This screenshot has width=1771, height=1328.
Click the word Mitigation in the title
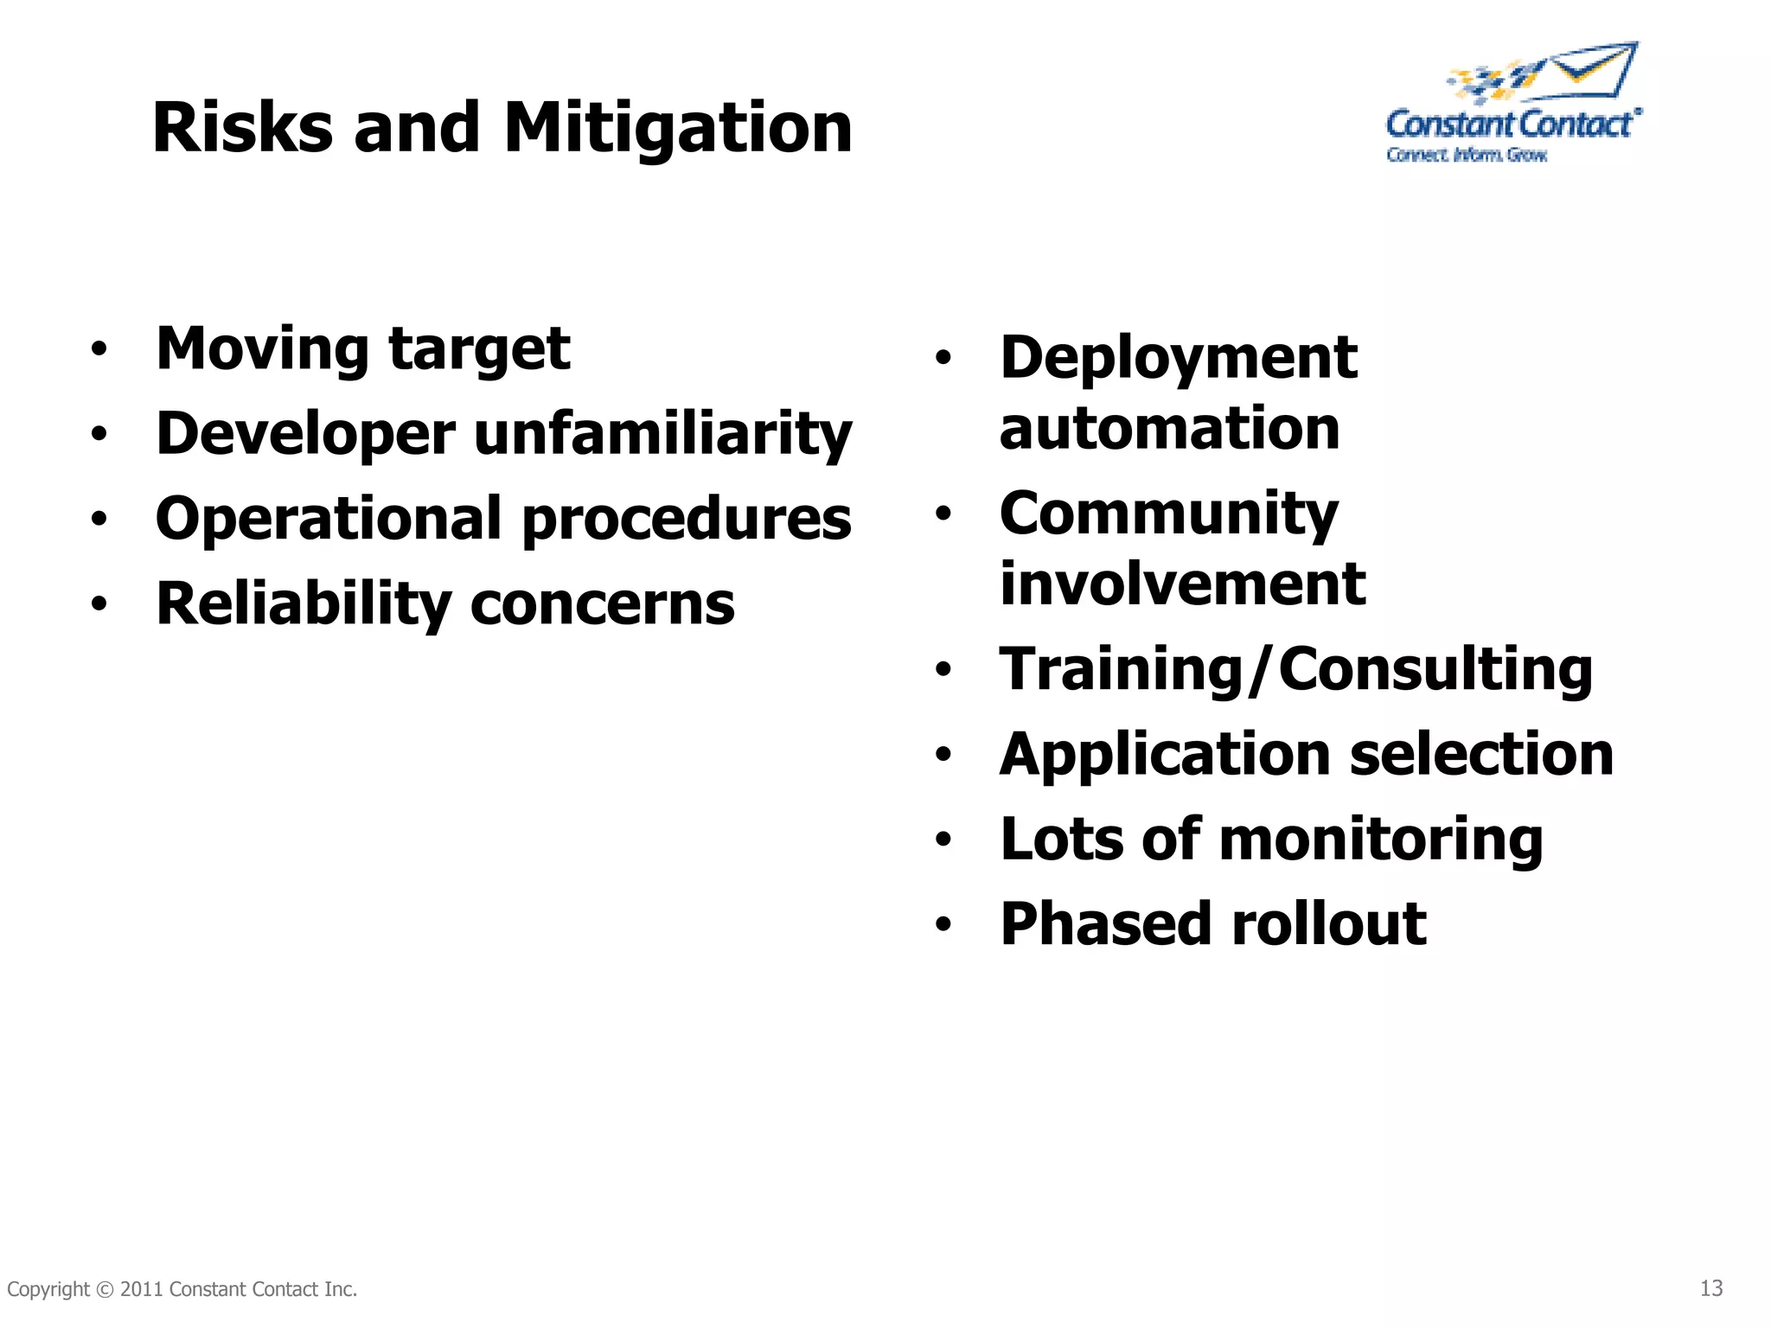tap(677, 128)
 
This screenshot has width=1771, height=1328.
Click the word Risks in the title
tap(242, 128)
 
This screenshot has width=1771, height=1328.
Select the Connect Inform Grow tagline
tap(1467, 155)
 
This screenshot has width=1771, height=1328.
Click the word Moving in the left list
tap(262, 349)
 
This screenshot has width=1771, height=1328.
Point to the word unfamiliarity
tap(662, 433)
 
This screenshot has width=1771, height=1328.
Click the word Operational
tap(329, 519)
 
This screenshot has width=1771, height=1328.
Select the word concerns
tap(602, 604)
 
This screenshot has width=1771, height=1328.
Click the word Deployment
tap(1178, 358)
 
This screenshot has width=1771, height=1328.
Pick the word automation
tap(1169, 428)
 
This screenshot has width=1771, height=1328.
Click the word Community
tap(1168, 514)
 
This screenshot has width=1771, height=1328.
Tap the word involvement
tap(1182, 584)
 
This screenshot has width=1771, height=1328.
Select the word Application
tap(1164, 755)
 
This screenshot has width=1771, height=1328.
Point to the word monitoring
tap(1381, 840)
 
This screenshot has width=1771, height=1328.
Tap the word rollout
tap(1328, 924)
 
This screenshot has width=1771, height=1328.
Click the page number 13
tap(1710, 1288)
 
